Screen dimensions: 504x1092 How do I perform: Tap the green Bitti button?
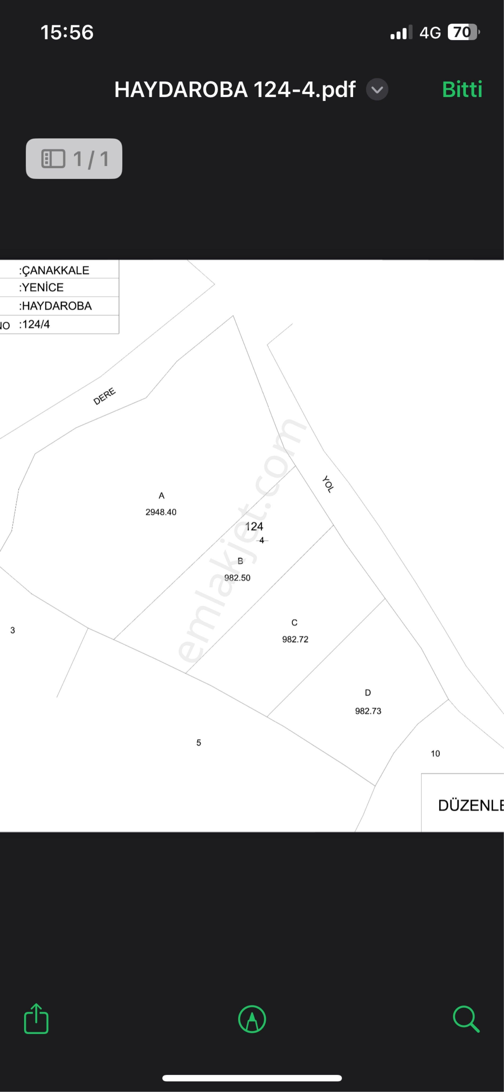pos(462,90)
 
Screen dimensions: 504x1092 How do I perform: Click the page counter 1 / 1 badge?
pos(74,159)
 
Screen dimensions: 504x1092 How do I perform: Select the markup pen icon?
pos(252,1019)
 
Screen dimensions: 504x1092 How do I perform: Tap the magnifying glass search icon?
pos(466,1019)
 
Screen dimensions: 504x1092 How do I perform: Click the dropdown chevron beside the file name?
pos(377,90)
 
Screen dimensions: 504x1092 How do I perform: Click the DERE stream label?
pos(104,396)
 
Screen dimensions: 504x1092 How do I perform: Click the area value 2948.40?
pos(161,512)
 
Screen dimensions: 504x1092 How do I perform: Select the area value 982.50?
pos(237,578)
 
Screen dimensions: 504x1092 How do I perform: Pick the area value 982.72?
pos(295,639)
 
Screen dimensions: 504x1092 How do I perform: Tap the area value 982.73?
pos(368,711)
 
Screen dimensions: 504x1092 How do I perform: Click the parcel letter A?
pos(161,496)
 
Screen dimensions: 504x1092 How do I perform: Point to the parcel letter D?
pos(368,693)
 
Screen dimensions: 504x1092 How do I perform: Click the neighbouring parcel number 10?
pos(435,754)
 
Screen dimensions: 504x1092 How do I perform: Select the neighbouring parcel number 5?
pos(199,743)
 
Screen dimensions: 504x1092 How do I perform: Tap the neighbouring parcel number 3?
pos(13,630)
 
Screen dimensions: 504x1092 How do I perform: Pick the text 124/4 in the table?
pos(36,324)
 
